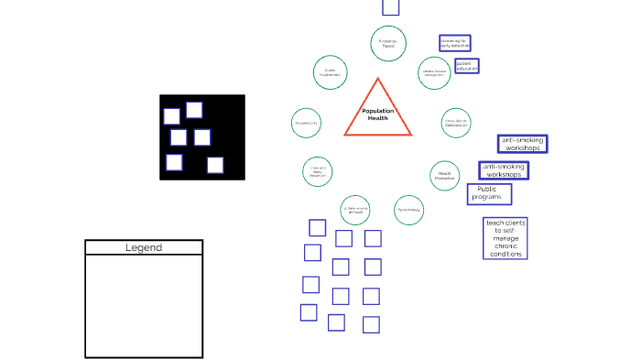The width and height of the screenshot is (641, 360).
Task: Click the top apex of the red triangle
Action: pos(377,80)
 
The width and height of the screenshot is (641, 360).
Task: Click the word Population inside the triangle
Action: pos(377,111)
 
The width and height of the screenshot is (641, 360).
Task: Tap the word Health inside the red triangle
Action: pos(377,118)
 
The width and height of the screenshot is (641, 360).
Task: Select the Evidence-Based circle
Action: pos(388,42)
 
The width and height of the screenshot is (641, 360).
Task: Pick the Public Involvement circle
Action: pos(330,71)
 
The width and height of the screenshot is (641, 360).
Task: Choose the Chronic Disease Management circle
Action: pos(434,72)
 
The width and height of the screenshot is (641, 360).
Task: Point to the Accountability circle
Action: pos(307,122)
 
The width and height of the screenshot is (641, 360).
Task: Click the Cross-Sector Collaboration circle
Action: pos(456,122)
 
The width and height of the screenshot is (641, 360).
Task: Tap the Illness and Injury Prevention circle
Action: pos(318,171)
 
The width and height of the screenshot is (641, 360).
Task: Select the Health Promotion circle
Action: pos(445,174)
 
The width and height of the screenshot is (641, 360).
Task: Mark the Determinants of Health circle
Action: pos(355,210)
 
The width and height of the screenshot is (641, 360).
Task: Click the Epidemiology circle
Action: pos(409,210)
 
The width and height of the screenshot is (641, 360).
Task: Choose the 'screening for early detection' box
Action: pos(454,42)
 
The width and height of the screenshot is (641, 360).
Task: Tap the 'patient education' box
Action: pos(467,66)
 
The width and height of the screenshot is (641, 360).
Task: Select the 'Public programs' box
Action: pos(489,193)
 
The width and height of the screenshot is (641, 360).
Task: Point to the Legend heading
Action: pos(144,247)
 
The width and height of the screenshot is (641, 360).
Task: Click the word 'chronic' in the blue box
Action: pos(505,246)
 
